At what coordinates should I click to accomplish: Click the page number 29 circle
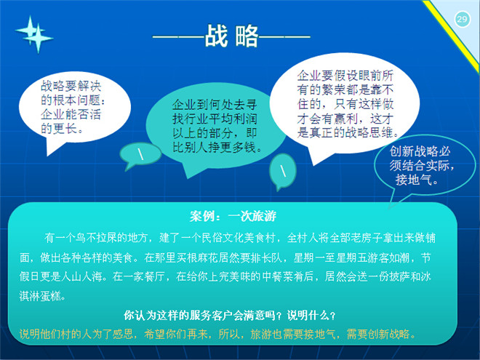pyautogui.click(x=462, y=20)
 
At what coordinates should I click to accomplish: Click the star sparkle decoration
pyautogui.click(x=34, y=34)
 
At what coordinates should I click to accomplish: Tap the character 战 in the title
pyautogui.click(x=217, y=36)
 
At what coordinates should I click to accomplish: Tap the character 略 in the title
pyautogui.click(x=247, y=36)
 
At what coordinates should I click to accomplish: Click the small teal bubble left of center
pyautogui.click(x=141, y=154)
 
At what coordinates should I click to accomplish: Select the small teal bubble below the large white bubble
pyautogui.click(x=283, y=171)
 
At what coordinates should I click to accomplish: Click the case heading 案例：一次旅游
pyautogui.click(x=233, y=217)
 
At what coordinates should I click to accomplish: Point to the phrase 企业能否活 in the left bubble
pyautogui.click(x=71, y=114)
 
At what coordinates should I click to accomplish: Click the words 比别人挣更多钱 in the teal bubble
pyautogui.click(x=214, y=148)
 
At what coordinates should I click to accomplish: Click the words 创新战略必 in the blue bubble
pyautogui.click(x=420, y=151)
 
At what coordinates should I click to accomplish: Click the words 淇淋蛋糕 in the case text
pyautogui.click(x=40, y=296)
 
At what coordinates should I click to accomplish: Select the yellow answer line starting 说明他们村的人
pyautogui.click(x=217, y=334)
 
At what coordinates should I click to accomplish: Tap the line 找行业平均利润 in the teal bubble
pyautogui.click(x=215, y=119)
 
